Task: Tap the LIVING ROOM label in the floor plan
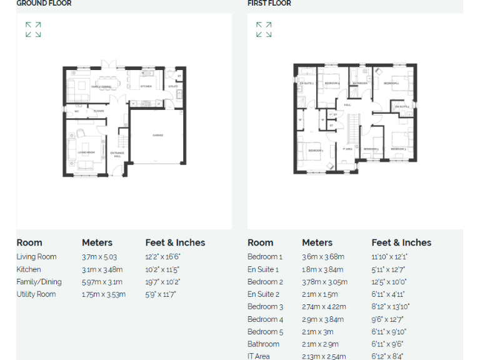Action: (86, 152)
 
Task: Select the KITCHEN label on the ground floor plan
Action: (146, 86)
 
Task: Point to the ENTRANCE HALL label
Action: (117, 154)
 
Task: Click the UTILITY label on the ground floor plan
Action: (173, 86)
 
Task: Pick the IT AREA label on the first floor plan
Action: (347, 149)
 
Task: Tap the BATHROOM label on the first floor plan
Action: (360, 82)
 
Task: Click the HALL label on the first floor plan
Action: (347, 105)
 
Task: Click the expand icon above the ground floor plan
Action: (33, 29)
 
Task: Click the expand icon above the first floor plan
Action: (264, 29)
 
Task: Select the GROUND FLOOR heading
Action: (44, 4)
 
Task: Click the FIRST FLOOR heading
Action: (269, 4)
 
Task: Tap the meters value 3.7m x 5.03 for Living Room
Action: (99, 257)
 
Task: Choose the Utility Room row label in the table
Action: (36, 294)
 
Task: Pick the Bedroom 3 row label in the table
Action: (265, 307)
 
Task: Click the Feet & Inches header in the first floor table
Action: (401, 242)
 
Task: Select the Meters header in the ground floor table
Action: (97, 242)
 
